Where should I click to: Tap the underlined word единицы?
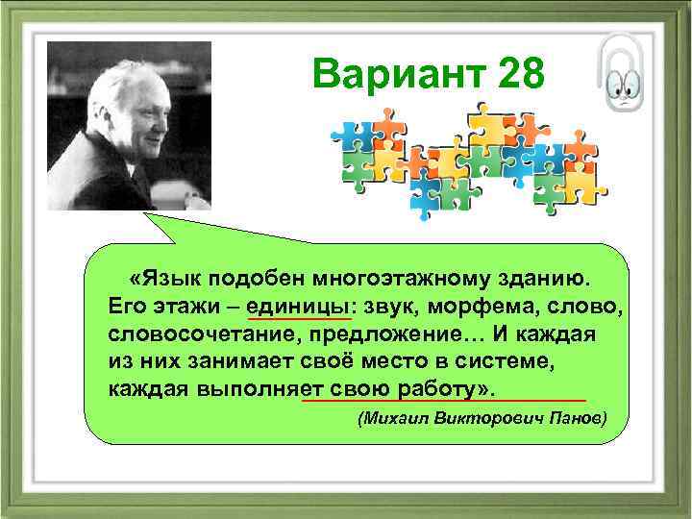299,306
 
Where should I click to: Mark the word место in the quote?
410,361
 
